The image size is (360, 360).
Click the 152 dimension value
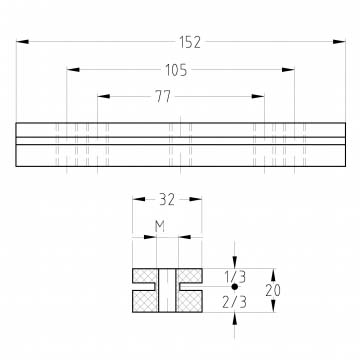[190, 42]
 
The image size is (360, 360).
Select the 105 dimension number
[176, 70]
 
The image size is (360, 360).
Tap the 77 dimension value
[163, 97]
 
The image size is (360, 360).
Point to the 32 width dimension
[167, 199]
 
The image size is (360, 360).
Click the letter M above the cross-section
[160, 227]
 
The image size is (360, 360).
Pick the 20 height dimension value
[273, 291]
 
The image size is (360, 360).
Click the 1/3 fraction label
[234, 277]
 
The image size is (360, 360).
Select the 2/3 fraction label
[234, 302]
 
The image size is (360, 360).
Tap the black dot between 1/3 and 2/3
[235, 286]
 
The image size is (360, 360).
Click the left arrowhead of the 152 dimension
[22, 42]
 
